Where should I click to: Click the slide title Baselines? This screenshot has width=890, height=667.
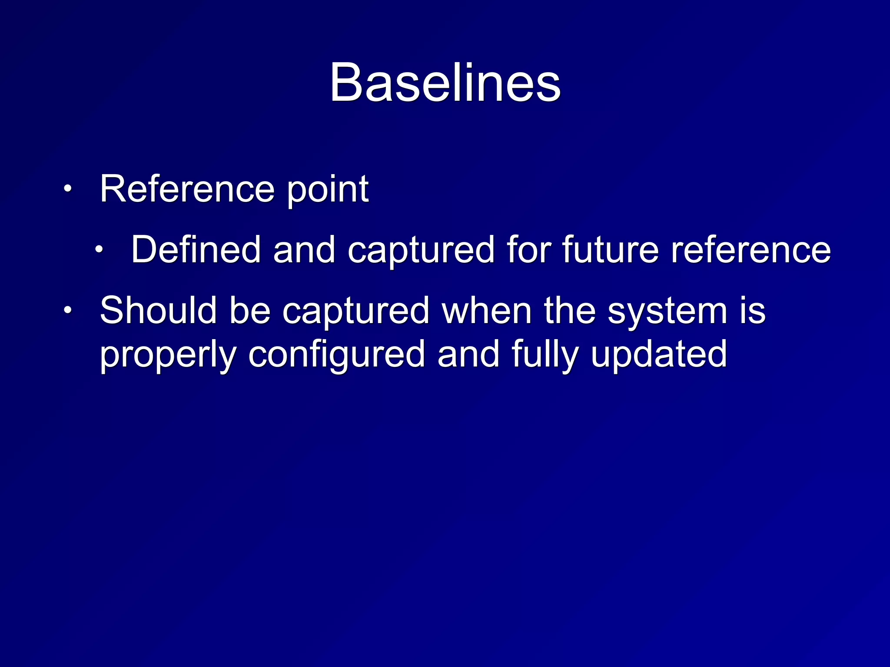[445, 83]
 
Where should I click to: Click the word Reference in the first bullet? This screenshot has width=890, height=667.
[187, 189]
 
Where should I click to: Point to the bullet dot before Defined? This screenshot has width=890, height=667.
[100, 250]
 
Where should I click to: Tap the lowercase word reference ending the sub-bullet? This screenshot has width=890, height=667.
[751, 251]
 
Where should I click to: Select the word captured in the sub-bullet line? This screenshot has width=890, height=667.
[421, 251]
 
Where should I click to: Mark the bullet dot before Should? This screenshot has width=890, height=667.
[68, 310]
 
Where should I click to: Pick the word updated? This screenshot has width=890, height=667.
[658, 355]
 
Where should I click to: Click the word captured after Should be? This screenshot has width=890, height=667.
[355, 312]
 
